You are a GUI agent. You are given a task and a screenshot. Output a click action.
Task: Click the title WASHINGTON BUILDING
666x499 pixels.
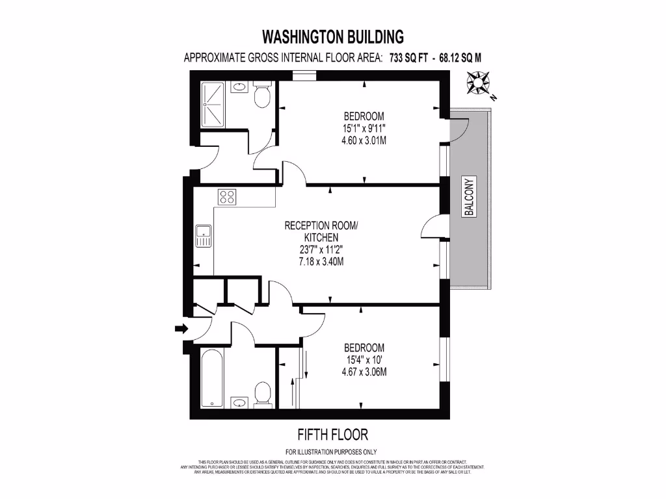(332, 36)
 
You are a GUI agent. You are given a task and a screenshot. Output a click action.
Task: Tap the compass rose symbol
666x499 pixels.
(479, 83)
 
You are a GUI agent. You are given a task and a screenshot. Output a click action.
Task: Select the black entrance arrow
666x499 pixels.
(181, 329)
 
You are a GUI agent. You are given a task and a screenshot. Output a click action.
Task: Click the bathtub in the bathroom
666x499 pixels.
(212, 378)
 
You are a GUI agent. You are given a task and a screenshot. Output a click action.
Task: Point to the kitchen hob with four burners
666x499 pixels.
(227, 196)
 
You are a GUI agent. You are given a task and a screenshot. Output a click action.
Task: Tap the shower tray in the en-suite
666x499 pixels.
(213, 105)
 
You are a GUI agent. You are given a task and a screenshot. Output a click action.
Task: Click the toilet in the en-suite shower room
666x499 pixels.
(262, 96)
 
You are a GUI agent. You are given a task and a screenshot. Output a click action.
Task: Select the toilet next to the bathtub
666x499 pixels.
(262, 392)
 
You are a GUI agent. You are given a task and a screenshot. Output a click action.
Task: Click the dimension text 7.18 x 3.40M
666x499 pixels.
(314, 261)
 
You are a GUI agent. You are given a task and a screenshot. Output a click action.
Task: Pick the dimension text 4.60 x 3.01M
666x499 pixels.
(360, 140)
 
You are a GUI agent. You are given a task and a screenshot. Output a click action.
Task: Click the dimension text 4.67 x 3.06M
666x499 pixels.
(364, 372)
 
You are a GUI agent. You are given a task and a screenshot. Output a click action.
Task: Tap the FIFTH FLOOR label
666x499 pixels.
(332, 434)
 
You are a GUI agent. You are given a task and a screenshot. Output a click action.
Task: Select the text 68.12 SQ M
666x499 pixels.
(460, 57)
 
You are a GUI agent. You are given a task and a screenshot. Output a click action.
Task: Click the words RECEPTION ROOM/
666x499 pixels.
(321, 225)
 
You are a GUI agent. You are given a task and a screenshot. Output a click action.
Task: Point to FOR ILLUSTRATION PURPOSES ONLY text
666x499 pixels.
(331, 452)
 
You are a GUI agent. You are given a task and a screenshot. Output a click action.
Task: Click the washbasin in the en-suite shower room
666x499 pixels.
(239, 86)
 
